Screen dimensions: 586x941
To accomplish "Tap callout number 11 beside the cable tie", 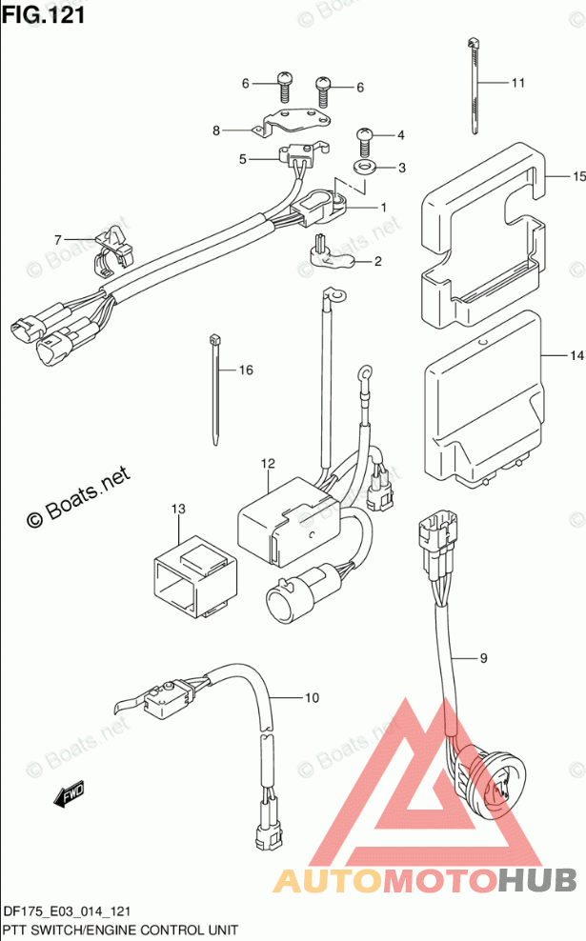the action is coord(517,83).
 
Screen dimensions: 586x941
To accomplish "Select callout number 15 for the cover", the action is coord(577,176).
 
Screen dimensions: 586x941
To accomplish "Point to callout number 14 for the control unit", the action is coord(576,356).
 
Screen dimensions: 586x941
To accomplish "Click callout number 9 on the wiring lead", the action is coord(483,657).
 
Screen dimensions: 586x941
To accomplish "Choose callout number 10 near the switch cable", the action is coord(311,698).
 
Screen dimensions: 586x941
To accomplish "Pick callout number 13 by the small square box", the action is coord(178,510).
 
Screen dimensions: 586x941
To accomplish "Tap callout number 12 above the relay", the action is coord(268,464).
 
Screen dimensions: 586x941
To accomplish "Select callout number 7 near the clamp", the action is coord(57,239).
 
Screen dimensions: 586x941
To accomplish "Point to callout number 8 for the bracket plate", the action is coord(216,130).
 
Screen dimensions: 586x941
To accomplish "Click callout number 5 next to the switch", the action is coord(243,159).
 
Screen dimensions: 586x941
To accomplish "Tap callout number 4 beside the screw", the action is coord(401,135).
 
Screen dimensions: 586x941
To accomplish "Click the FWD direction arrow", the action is coord(70,791).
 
